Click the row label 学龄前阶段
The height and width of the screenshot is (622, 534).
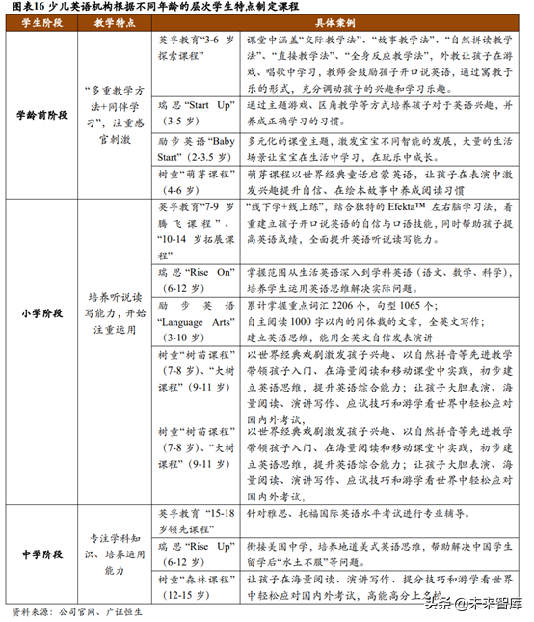(x=41, y=116)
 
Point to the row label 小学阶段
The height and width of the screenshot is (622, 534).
(x=41, y=314)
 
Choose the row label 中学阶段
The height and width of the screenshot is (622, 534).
(x=41, y=554)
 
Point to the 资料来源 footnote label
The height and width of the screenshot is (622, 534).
(x=29, y=611)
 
